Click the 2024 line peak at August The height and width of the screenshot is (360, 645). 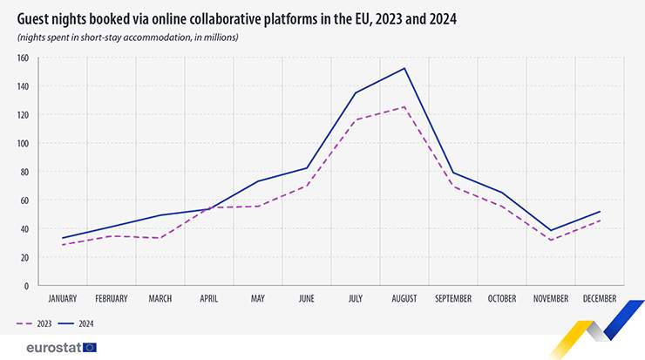pos(404,68)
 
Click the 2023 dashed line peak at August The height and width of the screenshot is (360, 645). pos(404,107)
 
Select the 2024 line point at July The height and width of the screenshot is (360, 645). pos(356,92)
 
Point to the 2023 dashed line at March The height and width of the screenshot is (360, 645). pos(160,238)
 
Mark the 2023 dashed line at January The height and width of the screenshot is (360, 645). pos(63,245)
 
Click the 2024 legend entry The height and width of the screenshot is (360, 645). pos(78,323)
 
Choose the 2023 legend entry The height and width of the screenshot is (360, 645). pos(34,323)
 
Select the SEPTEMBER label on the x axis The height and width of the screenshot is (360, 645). pos(453,298)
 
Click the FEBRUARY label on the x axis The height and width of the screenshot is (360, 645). pos(112,298)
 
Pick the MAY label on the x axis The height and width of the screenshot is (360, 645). pos(258,298)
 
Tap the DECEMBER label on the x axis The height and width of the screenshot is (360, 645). pos(600,298)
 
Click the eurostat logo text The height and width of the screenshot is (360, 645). pos(48,347)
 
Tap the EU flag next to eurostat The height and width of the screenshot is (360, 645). pos(90,347)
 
